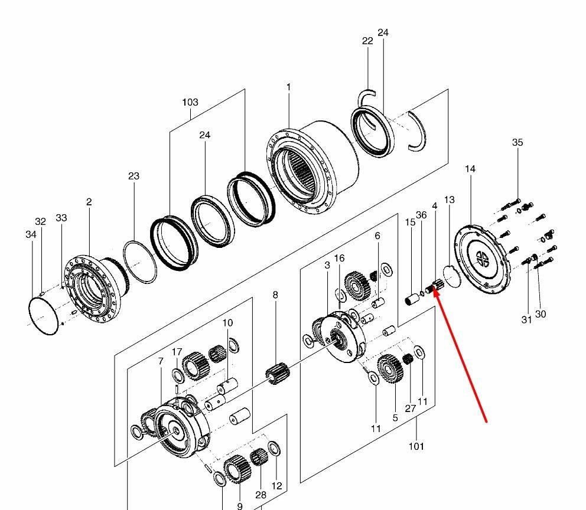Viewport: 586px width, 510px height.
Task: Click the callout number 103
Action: (x=190, y=102)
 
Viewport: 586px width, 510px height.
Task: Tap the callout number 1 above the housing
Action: (x=288, y=87)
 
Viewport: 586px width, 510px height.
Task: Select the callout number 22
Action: (x=367, y=41)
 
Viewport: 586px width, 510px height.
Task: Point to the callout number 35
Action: (x=517, y=142)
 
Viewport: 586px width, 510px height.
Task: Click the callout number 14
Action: (x=470, y=169)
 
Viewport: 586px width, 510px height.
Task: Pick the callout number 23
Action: (x=134, y=176)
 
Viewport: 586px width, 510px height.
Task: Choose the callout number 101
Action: (x=416, y=446)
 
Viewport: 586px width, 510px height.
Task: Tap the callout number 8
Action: (x=275, y=295)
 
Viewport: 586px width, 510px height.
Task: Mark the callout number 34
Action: (x=31, y=234)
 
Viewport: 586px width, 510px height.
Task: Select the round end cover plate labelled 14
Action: (x=482, y=259)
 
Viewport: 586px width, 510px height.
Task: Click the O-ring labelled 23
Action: (x=139, y=261)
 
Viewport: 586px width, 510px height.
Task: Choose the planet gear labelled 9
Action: (x=236, y=469)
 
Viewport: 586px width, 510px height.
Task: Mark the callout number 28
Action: (x=261, y=495)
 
